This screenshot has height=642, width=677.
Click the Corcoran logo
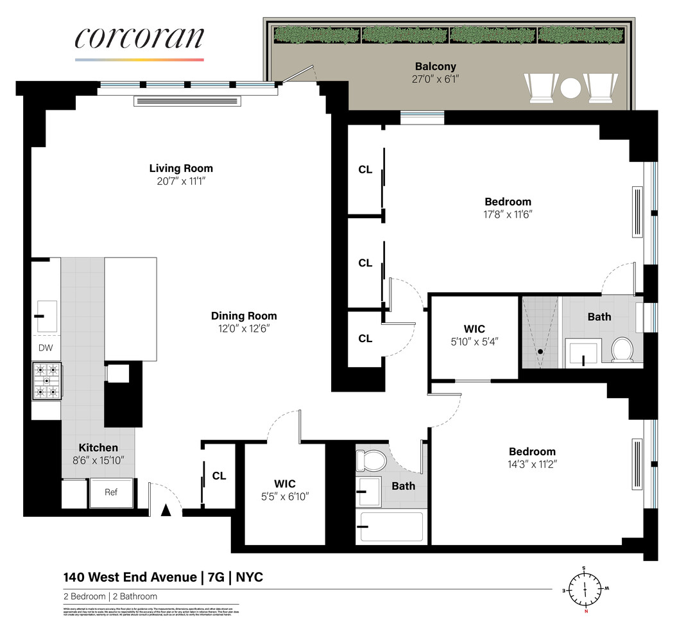coord(139,39)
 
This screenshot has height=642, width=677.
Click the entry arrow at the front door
coord(166,510)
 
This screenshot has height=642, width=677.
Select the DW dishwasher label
coord(46,348)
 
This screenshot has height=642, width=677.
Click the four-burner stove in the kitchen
coord(47,381)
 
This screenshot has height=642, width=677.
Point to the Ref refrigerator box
coord(112,492)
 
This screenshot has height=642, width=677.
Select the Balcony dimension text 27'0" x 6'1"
coord(435,79)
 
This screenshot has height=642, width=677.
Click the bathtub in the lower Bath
coord(391,526)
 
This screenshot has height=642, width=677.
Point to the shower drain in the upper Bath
coord(541,352)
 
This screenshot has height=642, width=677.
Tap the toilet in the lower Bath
coord(370,460)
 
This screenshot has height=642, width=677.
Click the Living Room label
coord(181,168)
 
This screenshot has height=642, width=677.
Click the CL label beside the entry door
coord(219,476)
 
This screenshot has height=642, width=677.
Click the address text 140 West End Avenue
coord(129,577)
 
